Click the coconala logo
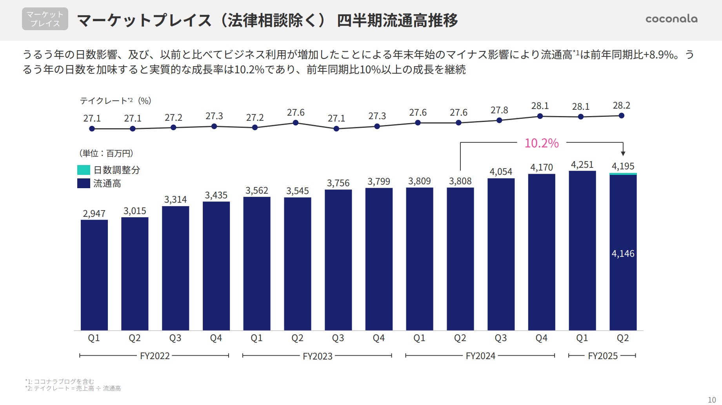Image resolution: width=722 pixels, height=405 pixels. point(671,19)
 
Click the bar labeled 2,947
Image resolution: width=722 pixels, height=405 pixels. point(94,274)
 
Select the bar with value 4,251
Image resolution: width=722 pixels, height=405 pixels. point(582,251)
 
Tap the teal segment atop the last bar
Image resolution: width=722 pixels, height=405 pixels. point(623,174)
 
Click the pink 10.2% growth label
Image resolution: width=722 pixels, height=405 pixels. point(541,143)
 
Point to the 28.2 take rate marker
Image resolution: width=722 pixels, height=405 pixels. point(621,116)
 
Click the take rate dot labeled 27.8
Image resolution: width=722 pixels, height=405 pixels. point(499,120)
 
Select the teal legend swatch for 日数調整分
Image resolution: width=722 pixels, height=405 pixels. point(84,170)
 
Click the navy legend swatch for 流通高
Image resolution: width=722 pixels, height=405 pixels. point(84,183)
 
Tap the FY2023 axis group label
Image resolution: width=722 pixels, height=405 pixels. point(317,356)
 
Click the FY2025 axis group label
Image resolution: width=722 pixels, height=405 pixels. point(602,356)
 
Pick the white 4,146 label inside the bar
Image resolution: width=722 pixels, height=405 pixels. point(623,254)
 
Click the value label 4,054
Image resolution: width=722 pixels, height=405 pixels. point(501,172)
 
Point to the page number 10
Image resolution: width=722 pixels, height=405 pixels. point(711,400)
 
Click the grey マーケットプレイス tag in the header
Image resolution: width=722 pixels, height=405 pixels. point(45,19)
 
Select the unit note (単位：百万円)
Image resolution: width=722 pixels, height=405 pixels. point(106,153)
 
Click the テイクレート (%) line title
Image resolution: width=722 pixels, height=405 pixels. point(115,101)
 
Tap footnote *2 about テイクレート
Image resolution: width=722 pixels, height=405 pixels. point(73,389)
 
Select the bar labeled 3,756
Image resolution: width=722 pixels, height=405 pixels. point(338,259)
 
